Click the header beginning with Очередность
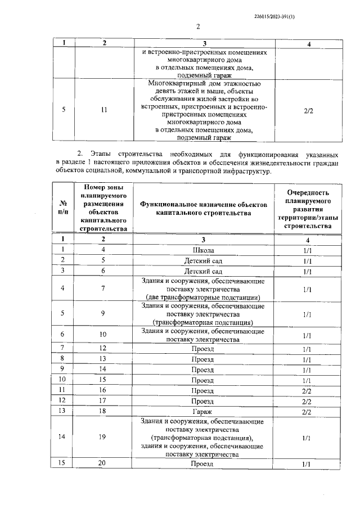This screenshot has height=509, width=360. point(308,208)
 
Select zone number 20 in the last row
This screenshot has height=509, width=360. point(103,463)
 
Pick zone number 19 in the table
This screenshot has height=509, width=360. point(103,435)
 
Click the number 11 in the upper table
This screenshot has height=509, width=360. point(103,110)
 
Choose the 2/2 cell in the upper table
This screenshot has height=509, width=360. point(308,111)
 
